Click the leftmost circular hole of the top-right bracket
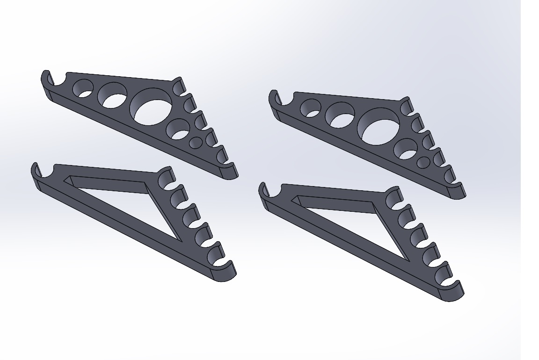[310, 108]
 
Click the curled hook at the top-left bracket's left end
[46, 79]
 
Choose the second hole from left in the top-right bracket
[340, 115]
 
